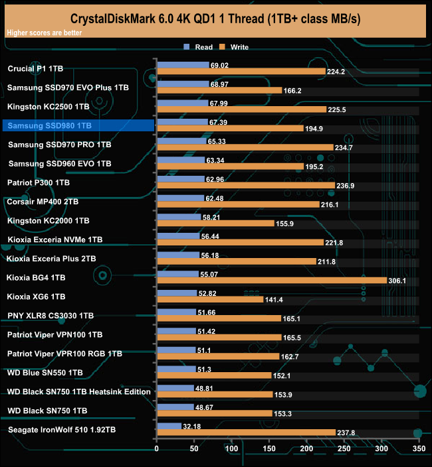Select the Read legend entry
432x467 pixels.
coord(199,47)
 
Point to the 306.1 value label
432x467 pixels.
coord(397,281)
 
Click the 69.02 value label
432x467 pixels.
coord(219,65)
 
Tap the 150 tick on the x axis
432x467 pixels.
coord(269,449)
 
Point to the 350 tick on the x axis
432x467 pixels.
coord(418,449)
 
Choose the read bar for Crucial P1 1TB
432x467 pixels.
coord(182,65)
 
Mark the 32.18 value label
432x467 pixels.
coord(192,426)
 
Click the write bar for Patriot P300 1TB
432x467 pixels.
coord(245,185)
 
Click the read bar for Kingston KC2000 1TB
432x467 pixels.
coord(178,217)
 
